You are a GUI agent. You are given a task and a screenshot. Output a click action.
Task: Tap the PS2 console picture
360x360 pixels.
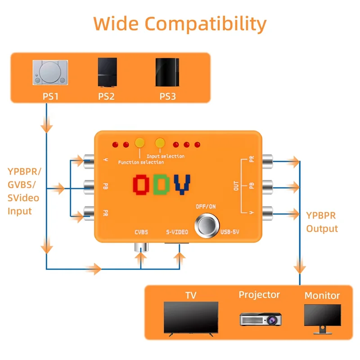click(107, 73)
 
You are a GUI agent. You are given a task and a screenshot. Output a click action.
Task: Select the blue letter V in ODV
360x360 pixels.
click(182, 185)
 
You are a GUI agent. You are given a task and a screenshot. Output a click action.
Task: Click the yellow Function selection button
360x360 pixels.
click(139, 143)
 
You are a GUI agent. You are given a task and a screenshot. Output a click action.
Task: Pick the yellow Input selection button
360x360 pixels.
click(160, 143)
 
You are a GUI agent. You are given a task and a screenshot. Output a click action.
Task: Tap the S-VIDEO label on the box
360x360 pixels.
click(177, 233)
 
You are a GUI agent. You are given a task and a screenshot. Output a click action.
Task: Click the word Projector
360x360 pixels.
click(259, 295)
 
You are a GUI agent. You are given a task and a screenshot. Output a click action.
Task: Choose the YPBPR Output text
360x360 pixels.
click(322, 222)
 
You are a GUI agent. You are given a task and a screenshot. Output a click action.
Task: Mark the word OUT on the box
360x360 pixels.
click(237, 185)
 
